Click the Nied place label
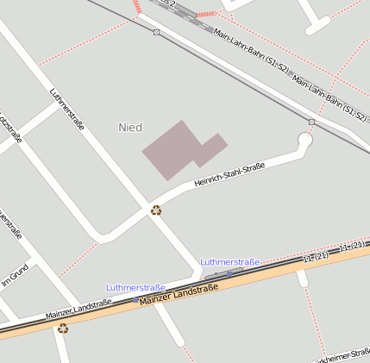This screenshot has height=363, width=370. [x=129, y=128]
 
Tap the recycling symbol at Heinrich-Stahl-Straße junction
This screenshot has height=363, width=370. [x=156, y=210]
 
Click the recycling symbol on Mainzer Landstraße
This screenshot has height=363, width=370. [x=62, y=328]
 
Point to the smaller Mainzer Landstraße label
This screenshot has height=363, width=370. [x=78, y=308]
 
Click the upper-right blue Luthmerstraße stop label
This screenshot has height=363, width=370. [x=230, y=261]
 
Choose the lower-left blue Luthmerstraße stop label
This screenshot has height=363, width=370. [x=135, y=287]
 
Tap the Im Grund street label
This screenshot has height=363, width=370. [x=15, y=275]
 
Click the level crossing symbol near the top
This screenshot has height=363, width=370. [x=156, y=32]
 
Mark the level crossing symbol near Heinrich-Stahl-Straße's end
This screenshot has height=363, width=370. [x=311, y=122]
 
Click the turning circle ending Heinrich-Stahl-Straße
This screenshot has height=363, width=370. [x=304, y=138]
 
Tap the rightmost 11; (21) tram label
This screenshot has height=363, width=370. [x=355, y=247]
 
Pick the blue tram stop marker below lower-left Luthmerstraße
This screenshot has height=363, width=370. [x=135, y=298]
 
